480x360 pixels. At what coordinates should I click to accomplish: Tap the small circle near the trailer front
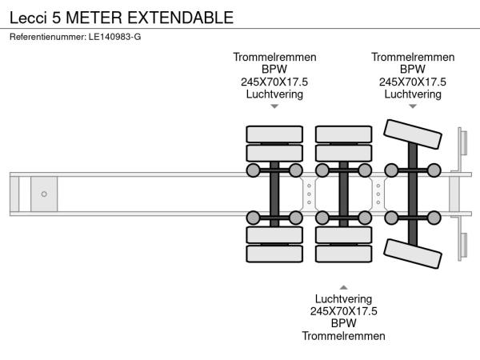pos(44,194)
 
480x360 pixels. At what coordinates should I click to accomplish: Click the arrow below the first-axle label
pos(274,106)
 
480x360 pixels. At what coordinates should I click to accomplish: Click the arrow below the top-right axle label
pos(413,106)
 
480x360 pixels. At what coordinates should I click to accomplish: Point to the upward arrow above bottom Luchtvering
pos(343,286)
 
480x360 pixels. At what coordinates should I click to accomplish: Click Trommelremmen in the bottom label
pos(343,336)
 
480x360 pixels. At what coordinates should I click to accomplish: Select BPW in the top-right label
pos(413,70)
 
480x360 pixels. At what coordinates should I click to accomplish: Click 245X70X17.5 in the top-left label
pos(274,82)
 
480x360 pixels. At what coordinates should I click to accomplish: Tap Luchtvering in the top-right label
pos(413,94)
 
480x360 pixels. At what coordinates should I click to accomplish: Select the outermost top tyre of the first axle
pos(274,134)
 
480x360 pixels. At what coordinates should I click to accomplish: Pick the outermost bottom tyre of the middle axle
pos(343,255)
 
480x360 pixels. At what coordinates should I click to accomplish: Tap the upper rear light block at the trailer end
pos(462,145)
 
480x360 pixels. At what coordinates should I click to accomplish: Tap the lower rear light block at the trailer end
pos(462,243)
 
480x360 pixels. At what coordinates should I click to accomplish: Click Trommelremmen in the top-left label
pos(274,58)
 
